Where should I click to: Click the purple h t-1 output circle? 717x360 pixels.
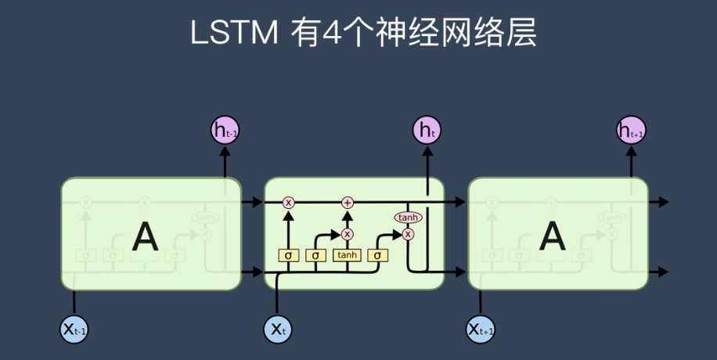tap(225, 130)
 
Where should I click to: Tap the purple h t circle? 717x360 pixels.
tap(427, 130)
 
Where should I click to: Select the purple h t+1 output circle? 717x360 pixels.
tap(631, 130)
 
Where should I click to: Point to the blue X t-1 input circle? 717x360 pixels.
tap(74, 329)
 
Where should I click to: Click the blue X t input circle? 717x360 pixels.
tap(277, 329)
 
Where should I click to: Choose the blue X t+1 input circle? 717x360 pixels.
tap(481, 329)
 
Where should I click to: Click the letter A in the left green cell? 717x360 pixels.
tap(144, 235)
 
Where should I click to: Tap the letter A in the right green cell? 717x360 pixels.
tap(553, 235)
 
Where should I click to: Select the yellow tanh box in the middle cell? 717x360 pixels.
tap(347, 255)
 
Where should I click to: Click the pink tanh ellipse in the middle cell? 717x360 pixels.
tap(407, 217)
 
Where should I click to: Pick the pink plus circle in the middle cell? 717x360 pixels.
tap(348, 203)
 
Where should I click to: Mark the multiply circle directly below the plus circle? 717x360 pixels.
tap(348, 234)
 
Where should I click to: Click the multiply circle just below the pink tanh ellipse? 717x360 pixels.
tap(407, 233)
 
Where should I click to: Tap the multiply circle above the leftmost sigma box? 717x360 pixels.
tap(288, 203)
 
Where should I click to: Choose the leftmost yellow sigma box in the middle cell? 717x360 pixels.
tap(288, 255)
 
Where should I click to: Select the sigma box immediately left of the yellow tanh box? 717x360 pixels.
tap(315, 255)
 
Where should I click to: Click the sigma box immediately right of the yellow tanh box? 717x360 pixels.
tap(377, 255)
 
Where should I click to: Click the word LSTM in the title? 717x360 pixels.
tap(234, 33)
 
